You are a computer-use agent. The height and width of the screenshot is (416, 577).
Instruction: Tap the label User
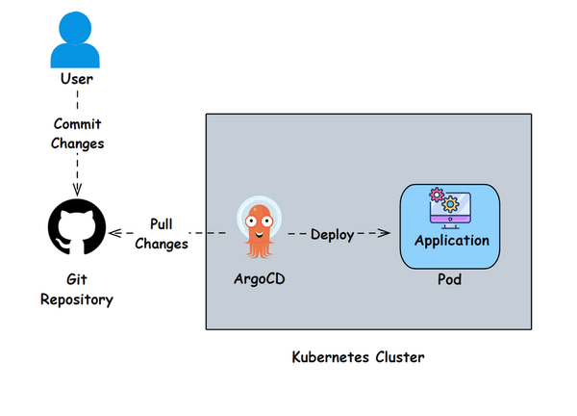pyautogui.click(x=76, y=79)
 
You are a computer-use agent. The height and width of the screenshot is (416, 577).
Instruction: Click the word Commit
pyautogui.click(x=77, y=124)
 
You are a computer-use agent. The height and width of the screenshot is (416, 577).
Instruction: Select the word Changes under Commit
pyautogui.click(x=77, y=143)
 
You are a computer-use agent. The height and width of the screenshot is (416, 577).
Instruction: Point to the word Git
pyautogui.click(x=77, y=280)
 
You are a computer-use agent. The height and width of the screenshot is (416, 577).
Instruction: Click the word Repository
pyautogui.click(x=77, y=299)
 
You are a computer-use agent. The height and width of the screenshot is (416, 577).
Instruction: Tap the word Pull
pyautogui.click(x=161, y=223)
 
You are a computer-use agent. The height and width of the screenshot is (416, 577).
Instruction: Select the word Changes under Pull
pyautogui.click(x=161, y=243)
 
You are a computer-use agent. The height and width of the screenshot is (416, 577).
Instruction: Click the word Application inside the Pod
pyautogui.click(x=451, y=240)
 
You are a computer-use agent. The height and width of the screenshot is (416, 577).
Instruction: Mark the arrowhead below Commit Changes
pyautogui.click(x=77, y=190)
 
